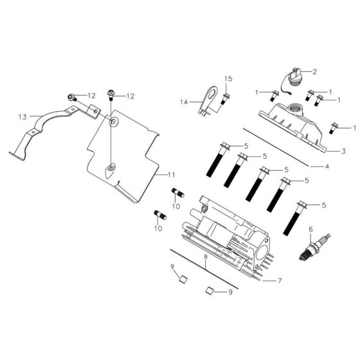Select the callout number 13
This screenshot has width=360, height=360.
point(22,117)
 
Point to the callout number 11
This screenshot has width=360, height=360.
point(172,175)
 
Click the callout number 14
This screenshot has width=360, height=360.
point(183,102)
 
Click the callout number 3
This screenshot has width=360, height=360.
point(344,152)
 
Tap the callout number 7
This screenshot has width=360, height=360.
point(280,281)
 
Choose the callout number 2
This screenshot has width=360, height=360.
point(316,71)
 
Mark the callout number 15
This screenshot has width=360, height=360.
point(228,78)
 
